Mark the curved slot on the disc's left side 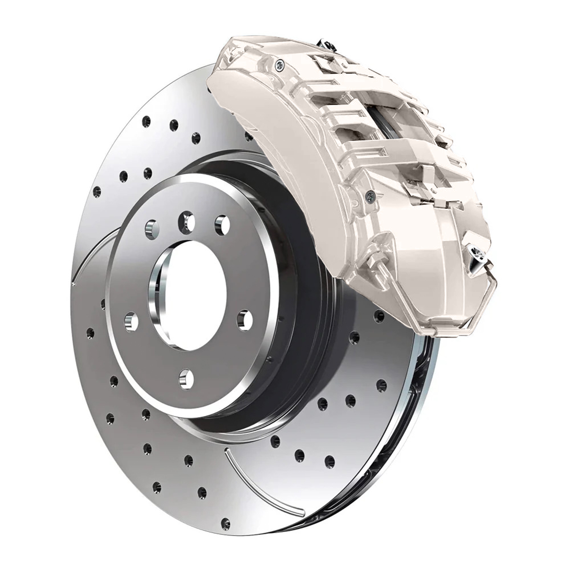pyautogui.click(x=89, y=254)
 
